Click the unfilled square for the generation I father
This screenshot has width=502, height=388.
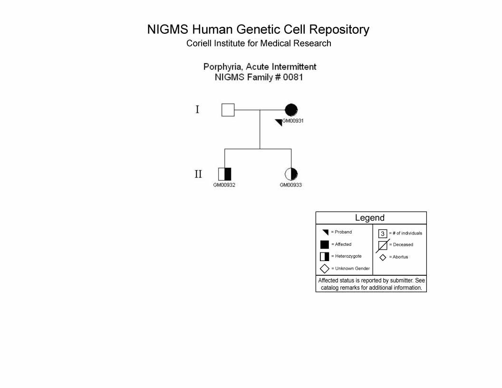tap(228, 110)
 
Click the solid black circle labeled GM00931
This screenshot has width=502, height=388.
tap(291, 110)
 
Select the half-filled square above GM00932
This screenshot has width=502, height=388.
tap(224, 174)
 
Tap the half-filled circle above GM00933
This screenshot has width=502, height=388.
tap(291, 174)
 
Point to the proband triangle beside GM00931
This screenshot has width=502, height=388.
tap(280, 122)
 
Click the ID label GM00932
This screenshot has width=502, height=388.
tap(224, 185)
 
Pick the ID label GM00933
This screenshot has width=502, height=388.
tap(291, 185)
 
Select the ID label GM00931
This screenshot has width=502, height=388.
tap(293, 121)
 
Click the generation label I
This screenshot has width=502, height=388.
tap(197, 109)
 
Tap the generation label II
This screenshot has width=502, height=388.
tap(198, 174)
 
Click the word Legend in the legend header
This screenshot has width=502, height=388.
tap(370, 218)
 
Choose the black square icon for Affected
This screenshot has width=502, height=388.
tap(324, 244)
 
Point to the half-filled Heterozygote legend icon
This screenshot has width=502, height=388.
tap(324, 256)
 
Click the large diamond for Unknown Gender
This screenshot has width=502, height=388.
tap(324, 269)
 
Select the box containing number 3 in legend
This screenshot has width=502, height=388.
tap(383, 233)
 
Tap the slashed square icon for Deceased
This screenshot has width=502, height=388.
tap(383, 246)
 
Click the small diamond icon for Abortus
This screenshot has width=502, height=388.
tap(383, 257)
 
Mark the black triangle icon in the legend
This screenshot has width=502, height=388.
tap(326, 232)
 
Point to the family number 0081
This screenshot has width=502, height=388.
tap(293, 77)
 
